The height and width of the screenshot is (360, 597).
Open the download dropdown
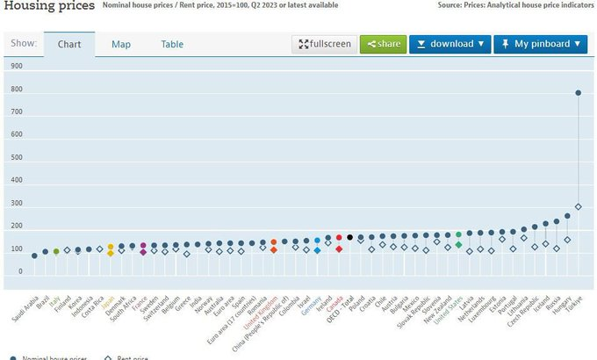click(449, 44)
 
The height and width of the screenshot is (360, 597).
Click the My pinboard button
click(540, 44)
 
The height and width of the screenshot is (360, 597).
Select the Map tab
click(121, 45)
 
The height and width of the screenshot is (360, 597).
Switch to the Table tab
click(172, 45)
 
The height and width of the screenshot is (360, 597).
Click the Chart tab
click(69, 45)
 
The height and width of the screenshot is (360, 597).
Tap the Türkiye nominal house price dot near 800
click(578, 93)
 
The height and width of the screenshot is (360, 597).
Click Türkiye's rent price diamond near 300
click(578, 207)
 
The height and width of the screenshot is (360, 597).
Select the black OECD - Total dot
click(349, 237)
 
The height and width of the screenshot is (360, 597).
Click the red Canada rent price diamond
click(339, 248)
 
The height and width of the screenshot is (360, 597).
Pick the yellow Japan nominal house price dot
click(111, 248)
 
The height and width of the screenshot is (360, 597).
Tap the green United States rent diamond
click(458, 245)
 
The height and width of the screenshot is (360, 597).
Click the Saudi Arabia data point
click(34, 256)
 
